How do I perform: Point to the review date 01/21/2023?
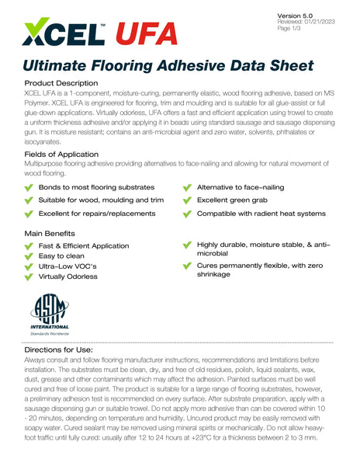click(x=317, y=23)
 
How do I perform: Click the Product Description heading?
click(x=61, y=82)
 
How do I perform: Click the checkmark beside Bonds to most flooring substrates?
click(x=29, y=188)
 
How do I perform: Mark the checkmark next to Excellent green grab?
click(x=187, y=200)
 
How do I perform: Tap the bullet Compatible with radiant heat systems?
click(x=261, y=214)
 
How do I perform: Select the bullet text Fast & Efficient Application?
click(x=84, y=245)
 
